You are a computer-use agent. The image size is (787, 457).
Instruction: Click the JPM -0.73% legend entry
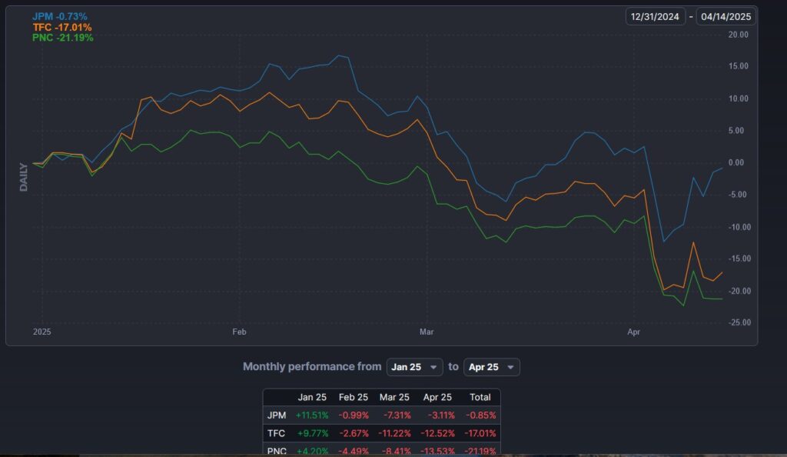[x=60, y=16]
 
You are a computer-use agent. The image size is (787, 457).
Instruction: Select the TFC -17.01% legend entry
[x=62, y=27]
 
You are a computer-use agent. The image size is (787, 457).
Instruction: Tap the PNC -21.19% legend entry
[x=62, y=37]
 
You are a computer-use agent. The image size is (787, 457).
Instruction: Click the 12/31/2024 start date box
[x=655, y=16]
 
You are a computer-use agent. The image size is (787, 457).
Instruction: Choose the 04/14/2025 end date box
[x=726, y=16]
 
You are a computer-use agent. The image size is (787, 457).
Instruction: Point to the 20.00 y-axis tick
[x=739, y=35]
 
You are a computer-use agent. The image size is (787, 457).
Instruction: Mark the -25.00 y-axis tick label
[x=739, y=322]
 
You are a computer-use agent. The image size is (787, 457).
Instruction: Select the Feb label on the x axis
[x=239, y=332]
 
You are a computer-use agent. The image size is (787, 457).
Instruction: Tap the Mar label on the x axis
[x=427, y=332]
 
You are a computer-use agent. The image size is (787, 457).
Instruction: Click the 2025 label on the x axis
[x=42, y=332]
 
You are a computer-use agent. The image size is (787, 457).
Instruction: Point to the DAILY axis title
[x=24, y=176]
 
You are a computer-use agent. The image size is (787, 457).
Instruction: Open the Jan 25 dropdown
[x=415, y=367]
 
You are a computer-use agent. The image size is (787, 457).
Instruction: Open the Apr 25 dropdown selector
[x=491, y=367]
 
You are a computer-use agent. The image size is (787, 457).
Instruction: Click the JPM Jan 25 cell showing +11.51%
[x=311, y=415]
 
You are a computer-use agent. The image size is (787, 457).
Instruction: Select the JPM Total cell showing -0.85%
[x=479, y=415]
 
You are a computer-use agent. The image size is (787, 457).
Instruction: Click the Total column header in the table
[x=479, y=397]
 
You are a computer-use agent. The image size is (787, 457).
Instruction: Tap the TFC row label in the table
[x=276, y=433]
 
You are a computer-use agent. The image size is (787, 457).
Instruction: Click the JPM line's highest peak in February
[x=340, y=55]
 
